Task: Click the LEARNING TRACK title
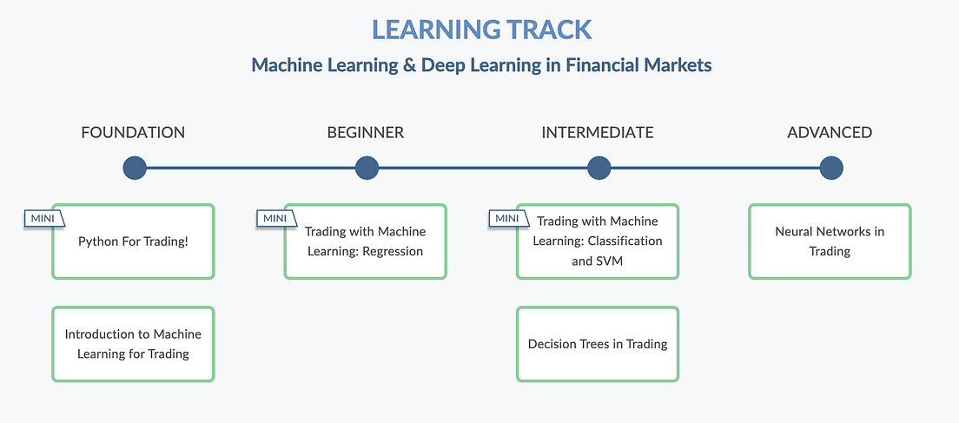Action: coord(481,30)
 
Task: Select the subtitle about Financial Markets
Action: coord(481,65)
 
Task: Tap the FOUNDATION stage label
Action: coord(133,133)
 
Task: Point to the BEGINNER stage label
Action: coord(366,133)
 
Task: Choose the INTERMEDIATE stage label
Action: coord(598,133)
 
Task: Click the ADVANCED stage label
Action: coord(830,133)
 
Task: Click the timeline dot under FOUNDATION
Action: coord(135,168)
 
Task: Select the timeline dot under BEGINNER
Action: coord(367,168)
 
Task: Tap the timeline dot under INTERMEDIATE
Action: coord(599,168)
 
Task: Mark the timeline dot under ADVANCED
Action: coord(831,168)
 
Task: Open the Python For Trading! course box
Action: coord(133,241)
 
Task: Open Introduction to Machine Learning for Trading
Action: coord(133,344)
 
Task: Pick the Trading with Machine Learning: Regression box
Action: coord(365,241)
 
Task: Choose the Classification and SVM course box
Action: coord(598,241)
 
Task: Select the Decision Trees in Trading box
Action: coord(598,344)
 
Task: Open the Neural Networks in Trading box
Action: coord(830,241)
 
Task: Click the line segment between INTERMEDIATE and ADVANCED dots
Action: coord(715,168)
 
